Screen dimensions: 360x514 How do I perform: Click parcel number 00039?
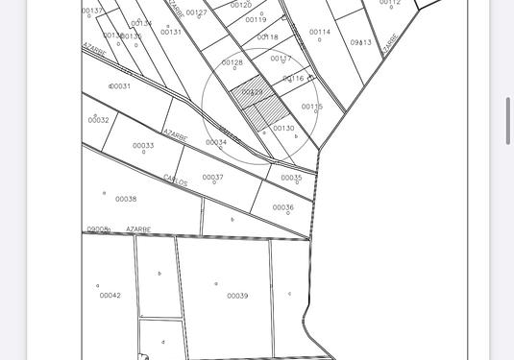pyautogui.click(x=237, y=296)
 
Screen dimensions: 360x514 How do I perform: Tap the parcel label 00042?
pyautogui.click(x=110, y=296)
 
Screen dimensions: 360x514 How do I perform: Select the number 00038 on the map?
pyautogui.click(x=126, y=200)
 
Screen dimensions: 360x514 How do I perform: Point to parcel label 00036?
pyautogui.click(x=282, y=207)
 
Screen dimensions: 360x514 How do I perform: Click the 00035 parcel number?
pyautogui.click(x=291, y=178)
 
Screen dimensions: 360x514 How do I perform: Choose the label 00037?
pyautogui.click(x=212, y=178)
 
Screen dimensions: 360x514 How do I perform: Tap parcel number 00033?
pyautogui.click(x=143, y=146)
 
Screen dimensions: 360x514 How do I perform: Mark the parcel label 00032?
pyautogui.click(x=98, y=121)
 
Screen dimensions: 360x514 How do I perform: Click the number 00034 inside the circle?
pyautogui.click(x=216, y=143)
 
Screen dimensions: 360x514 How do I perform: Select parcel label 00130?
pyautogui.click(x=283, y=129)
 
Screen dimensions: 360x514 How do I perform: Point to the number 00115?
pyautogui.click(x=311, y=108)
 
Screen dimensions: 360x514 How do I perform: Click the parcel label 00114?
pyautogui.click(x=320, y=33)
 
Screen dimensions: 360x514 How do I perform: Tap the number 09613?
pyautogui.click(x=361, y=43)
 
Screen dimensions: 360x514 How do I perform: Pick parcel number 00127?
pyautogui.click(x=196, y=13)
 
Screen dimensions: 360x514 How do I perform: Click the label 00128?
pyautogui.click(x=233, y=63)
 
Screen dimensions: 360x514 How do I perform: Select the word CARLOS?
pyautogui.click(x=175, y=180)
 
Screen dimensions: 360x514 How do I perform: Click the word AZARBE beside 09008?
pyautogui.click(x=138, y=229)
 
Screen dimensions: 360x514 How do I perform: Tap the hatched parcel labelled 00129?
pyautogui.click(x=252, y=93)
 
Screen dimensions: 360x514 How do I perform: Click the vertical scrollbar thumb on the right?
pyautogui.click(x=508, y=120)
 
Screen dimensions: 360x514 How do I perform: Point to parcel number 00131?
pyautogui.click(x=171, y=33)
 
